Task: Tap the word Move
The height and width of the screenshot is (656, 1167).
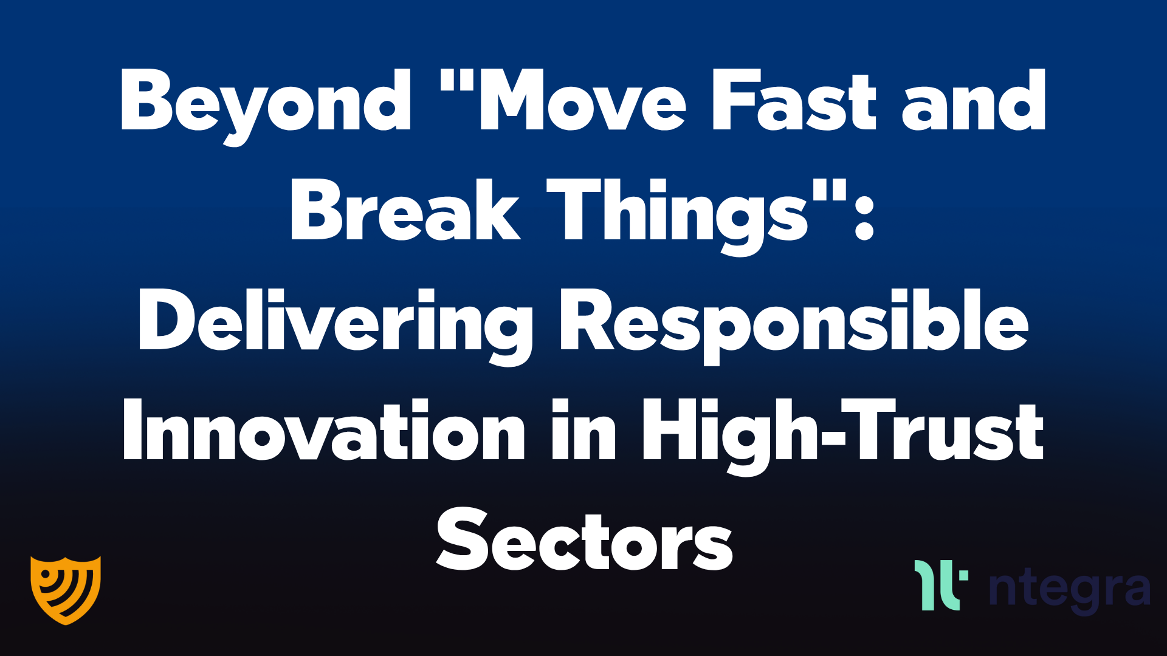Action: pos(583,101)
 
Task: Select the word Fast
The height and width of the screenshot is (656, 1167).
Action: pos(793,101)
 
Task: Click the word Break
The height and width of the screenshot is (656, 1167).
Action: pos(405,211)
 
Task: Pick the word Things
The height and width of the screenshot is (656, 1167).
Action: pos(678,213)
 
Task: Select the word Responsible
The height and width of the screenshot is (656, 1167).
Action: pos(794,322)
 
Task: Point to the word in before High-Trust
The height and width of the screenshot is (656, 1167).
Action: pos(583,431)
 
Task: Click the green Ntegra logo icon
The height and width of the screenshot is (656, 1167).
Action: pos(940,585)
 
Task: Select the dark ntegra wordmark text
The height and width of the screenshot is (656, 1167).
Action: pos(1070,589)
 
